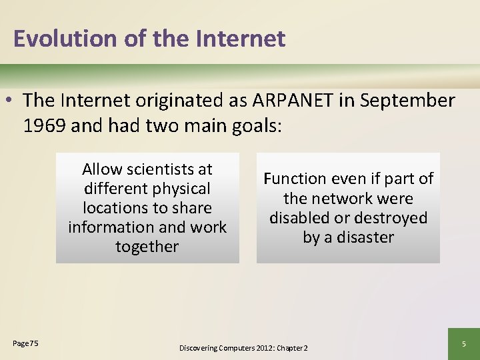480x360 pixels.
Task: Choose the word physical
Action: [x=181, y=189]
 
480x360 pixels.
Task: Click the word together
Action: [x=147, y=247]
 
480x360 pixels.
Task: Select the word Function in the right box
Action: [x=295, y=179]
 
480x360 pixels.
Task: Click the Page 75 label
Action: [x=25, y=343]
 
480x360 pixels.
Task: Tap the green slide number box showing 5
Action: [x=465, y=344]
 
